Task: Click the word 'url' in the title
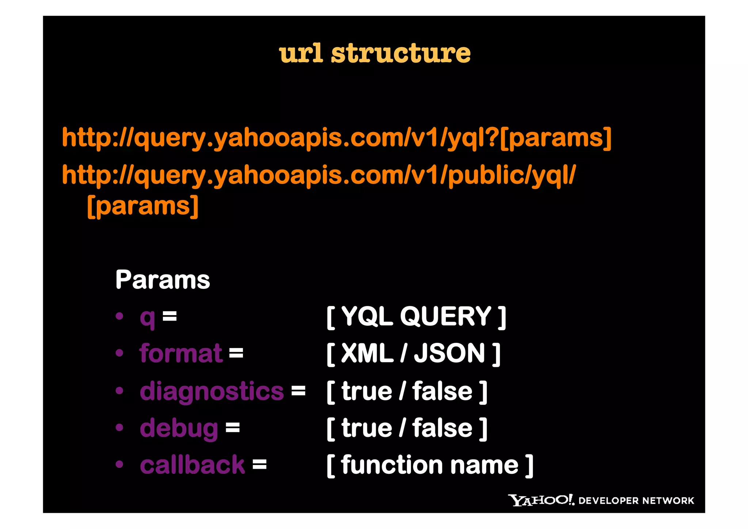tap(301, 53)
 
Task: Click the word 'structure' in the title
tap(401, 53)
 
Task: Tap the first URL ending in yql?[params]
tap(336, 138)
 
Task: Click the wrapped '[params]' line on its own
tap(143, 206)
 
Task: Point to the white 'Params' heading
tap(163, 280)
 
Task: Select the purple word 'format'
tap(181, 354)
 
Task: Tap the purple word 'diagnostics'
tap(211, 391)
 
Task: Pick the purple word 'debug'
tap(179, 428)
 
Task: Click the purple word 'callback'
tap(192, 465)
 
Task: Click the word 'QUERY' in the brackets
tap(446, 316)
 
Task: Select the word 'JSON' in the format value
tap(449, 354)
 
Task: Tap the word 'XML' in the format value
tap(367, 354)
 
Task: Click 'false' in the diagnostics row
tap(442, 391)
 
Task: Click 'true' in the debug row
tap(367, 428)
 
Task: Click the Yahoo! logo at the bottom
tap(541, 500)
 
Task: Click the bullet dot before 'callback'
tap(119, 465)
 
